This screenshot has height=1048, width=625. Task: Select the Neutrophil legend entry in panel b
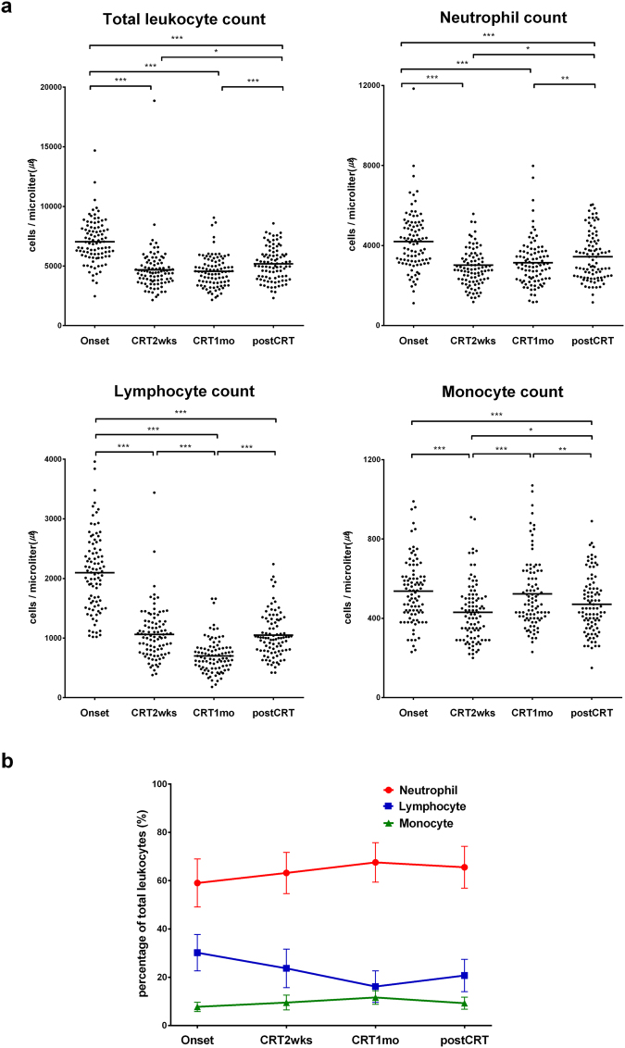coord(418,790)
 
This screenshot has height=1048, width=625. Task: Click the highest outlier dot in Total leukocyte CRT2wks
coord(153,101)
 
